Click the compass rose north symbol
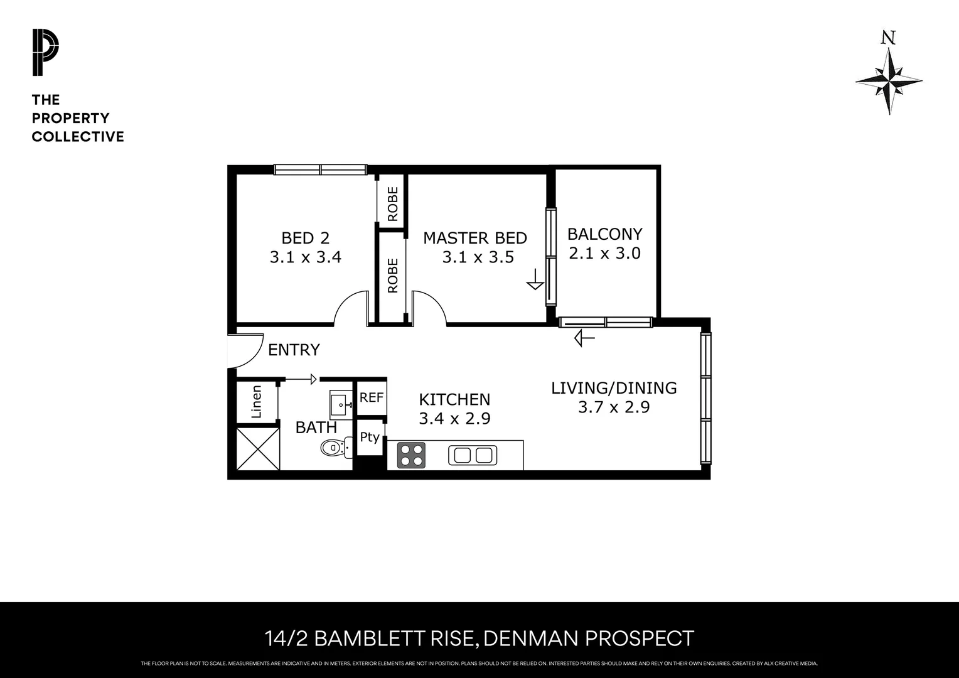coord(889,81)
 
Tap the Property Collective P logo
coord(45,53)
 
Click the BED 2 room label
coord(305,238)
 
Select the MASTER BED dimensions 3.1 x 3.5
coord(478,257)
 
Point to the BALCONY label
coord(604,234)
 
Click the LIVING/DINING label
coord(614,388)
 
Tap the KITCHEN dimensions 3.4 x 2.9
coord(454,419)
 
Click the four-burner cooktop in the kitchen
coord(411,455)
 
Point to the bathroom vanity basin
coord(341,404)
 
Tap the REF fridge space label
coord(371,397)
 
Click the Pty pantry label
coord(370,437)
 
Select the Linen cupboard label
coord(256,402)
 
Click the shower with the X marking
coord(257,448)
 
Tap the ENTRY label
coord(294,350)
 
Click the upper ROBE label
coord(393,204)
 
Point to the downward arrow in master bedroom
coord(535,279)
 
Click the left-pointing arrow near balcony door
coord(584,339)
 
